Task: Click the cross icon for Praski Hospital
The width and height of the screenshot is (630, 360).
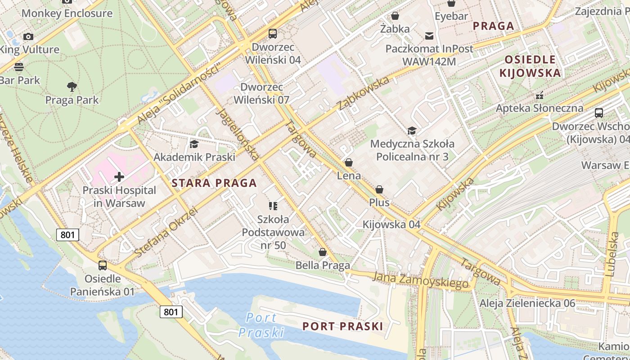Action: (119, 177)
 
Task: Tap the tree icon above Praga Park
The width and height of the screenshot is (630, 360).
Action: (72, 87)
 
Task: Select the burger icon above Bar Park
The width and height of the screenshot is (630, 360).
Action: (19, 67)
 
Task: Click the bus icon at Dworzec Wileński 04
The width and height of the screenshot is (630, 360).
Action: (273, 34)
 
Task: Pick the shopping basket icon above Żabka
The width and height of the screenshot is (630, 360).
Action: (395, 16)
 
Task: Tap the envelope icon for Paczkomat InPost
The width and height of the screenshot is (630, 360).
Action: (429, 36)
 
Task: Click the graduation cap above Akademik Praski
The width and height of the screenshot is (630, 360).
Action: (194, 144)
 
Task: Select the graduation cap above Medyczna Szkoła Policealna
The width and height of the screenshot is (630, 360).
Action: (411, 131)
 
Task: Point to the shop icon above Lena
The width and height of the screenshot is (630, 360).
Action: (349, 162)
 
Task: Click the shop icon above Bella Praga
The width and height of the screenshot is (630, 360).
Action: (322, 252)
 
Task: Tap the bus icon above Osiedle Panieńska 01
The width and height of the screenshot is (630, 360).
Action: (103, 265)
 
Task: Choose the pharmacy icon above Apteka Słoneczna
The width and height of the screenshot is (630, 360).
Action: (539, 95)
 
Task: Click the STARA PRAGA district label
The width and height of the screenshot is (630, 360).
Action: (214, 183)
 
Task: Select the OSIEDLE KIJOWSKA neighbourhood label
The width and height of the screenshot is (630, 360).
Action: (530, 66)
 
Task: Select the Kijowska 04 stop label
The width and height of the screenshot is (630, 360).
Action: (391, 224)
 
